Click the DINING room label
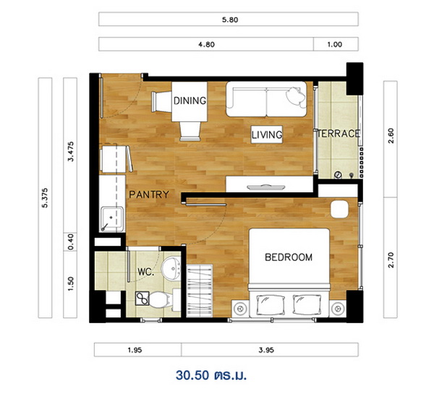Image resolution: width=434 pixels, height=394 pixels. [190, 100]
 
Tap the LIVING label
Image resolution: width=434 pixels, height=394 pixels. [267, 134]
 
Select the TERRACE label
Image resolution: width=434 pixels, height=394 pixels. [339, 134]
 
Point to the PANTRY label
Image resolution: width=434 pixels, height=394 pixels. [149, 194]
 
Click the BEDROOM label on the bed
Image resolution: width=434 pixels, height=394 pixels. [289, 257]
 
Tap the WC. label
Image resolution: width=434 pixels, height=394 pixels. [146, 272]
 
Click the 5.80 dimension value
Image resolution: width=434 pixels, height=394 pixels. [230, 20]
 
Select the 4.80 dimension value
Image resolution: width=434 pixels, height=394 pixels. [206, 44]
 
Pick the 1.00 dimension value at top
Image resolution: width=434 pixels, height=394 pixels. [335, 44]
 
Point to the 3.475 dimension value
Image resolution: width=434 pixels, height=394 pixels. [71, 151]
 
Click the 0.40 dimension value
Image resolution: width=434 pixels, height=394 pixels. [71, 242]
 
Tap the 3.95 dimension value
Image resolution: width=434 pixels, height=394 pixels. [266, 350]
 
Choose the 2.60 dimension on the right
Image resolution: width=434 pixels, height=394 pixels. [391, 136]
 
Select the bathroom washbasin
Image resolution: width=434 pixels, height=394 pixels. [171, 268]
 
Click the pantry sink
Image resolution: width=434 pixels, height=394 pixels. [112, 218]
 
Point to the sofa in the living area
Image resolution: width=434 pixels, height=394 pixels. [266, 99]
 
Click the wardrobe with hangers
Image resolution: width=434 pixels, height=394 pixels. [200, 291]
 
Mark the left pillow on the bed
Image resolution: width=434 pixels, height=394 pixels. [271, 304]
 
